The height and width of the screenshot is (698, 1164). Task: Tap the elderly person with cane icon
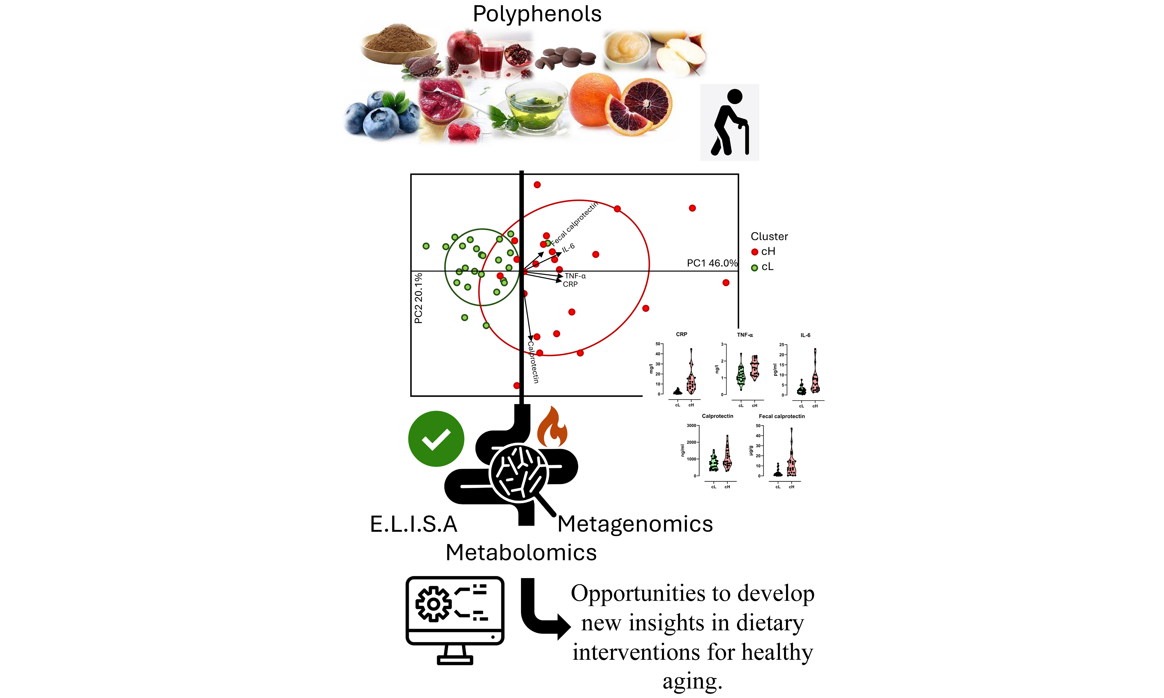point(729,122)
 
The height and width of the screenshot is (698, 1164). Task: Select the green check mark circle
point(436,439)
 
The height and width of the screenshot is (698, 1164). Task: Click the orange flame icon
point(552,427)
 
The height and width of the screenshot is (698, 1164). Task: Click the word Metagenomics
point(635,524)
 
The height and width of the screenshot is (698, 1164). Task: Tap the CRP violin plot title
point(681,334)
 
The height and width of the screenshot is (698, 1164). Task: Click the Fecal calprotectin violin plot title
point(782,416)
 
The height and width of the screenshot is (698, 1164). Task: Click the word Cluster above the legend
point(769,237)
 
